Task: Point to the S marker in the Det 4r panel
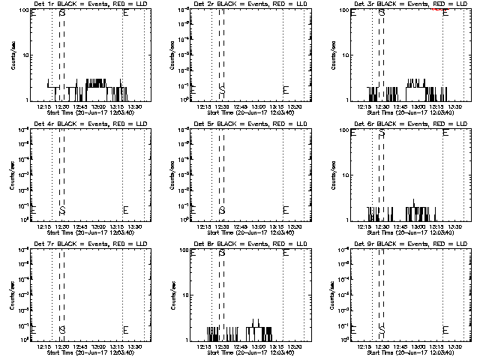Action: (x=62, y=209)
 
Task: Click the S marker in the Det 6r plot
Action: (x=382, y=133)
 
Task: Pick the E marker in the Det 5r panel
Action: (x=285, y=209)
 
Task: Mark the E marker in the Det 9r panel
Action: (x=445, y=329)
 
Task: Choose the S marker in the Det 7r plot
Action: (x=62, y=329)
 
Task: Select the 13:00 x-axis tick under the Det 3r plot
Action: (x=418, y=106)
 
